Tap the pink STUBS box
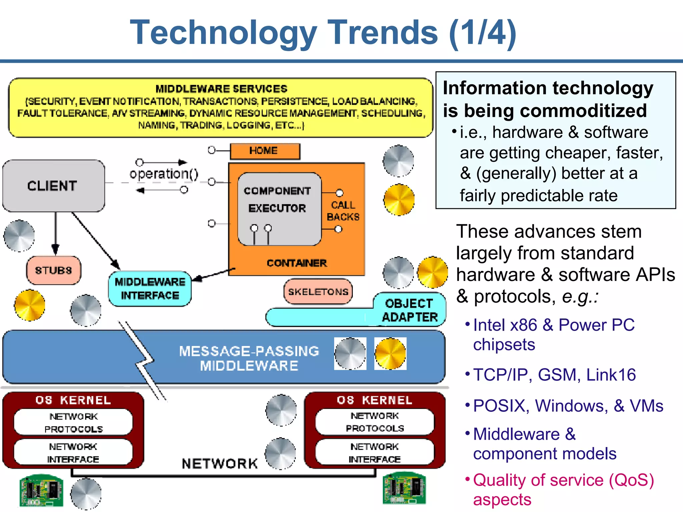(53, 270)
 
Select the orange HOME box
(265, 151)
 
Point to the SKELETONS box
(318, 292)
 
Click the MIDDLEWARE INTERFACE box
(150, 289)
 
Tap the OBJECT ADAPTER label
(410, 310)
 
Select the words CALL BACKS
(343, 211)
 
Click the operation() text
(164, 174)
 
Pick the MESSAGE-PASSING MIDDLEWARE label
(249, 358)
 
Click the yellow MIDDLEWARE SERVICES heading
(221, 89)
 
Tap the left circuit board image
(41, 490)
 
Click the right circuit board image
(404, 488)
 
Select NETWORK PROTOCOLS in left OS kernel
(73, 422)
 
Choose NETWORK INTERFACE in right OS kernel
(375, 452)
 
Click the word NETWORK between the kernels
(220, 463)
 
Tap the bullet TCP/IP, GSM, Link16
(554, 375)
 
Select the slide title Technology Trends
(323, 32)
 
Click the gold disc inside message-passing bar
(390, 354)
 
